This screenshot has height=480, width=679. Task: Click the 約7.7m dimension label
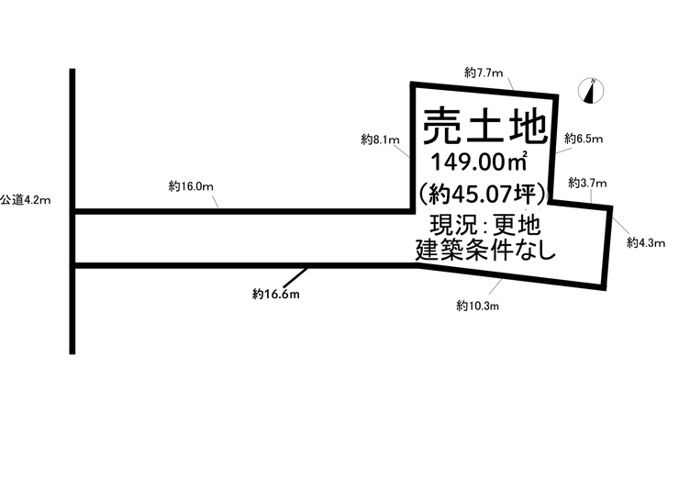[x=484, y=73]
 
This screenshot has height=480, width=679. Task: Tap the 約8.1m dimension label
[x=380, y=140]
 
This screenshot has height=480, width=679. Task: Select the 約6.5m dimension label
[x=584, y=139]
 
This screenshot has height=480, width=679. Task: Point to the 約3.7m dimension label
[x=587, y=183]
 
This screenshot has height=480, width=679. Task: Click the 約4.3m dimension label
[x=646, y=242]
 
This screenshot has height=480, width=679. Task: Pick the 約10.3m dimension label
[x=477, y=306]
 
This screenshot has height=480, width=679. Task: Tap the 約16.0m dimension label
[x=191, y=186]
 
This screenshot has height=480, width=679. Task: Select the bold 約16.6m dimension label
[x=276, y=295]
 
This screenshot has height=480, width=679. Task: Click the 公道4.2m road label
[x=26, y=200]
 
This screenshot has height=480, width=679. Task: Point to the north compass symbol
[x=591, y=91]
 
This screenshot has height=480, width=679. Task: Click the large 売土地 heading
[x=484, y=126]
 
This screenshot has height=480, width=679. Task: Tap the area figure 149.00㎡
[x=479, y=162]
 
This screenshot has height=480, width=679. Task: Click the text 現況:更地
[x=485, y=225]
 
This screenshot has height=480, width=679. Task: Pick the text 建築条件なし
[x=485, y=250]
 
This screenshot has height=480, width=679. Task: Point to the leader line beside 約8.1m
[x=402, y=151]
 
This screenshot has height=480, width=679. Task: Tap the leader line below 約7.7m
[x=510, y=84]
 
